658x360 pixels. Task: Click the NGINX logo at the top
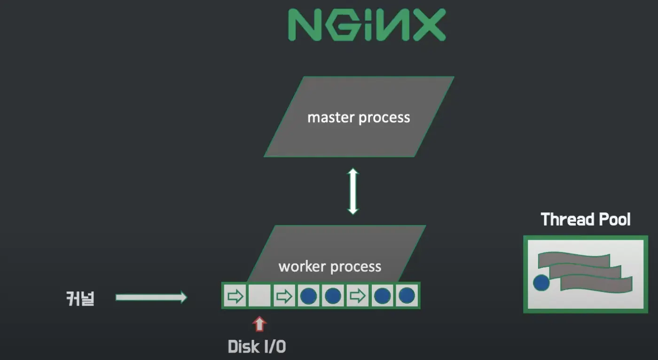(367, 25)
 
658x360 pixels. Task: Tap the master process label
(359, 117)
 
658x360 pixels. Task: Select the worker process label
(329, 266)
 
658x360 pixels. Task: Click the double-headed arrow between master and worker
(353, 191)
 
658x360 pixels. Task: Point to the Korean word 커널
(80, 298)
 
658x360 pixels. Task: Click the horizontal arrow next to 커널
(151, 297)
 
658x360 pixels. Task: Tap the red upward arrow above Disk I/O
(259, 324)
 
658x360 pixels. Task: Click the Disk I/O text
(257, 347)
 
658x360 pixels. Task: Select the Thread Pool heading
(585, 219)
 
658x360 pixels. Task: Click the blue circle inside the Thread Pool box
(541, 282)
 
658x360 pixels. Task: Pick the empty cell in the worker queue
(259, 296)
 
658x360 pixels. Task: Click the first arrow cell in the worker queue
(235, 296)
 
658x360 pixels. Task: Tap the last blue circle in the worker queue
(407, 296)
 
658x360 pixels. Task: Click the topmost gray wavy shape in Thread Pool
(573, 259)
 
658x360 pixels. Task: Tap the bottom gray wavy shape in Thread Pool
(596, 283)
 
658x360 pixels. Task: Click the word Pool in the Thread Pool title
(613, 219)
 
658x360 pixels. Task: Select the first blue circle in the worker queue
(308, 296)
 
